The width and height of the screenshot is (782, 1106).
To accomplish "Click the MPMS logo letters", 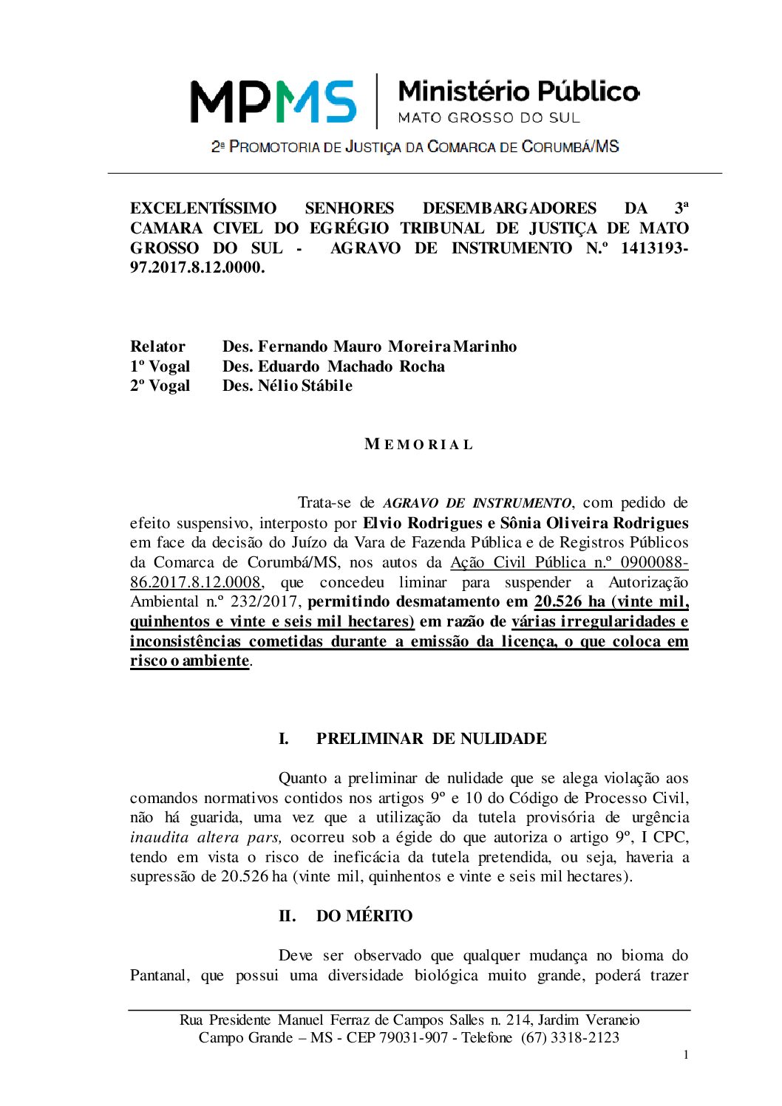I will coord(273,101).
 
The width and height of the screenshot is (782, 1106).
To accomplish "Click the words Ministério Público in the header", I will coord(518,92).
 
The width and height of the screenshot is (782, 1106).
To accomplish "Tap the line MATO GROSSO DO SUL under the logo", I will coord(489,117).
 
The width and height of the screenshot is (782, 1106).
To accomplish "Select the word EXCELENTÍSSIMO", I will coord(203,208).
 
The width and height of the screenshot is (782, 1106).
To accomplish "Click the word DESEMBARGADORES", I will coord(509,208).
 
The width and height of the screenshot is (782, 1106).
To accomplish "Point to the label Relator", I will coord(157,347).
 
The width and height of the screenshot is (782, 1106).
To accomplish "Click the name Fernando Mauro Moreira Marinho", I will coord(387,347).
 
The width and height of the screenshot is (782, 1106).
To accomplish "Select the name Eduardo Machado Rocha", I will coord(351,366).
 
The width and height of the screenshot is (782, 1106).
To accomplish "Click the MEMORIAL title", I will coord(418,445).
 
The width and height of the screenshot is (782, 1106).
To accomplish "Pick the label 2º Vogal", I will coord(160,386).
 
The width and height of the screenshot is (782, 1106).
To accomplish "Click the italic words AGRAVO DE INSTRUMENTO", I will coord(477,503).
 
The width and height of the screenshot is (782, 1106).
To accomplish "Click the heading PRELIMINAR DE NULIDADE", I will coord(431,739).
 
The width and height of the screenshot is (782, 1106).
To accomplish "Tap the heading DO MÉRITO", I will coord(364,916).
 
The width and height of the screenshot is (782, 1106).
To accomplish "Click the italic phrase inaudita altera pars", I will coord(206,838).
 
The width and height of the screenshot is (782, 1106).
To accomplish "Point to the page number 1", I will coord(686,1055).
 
